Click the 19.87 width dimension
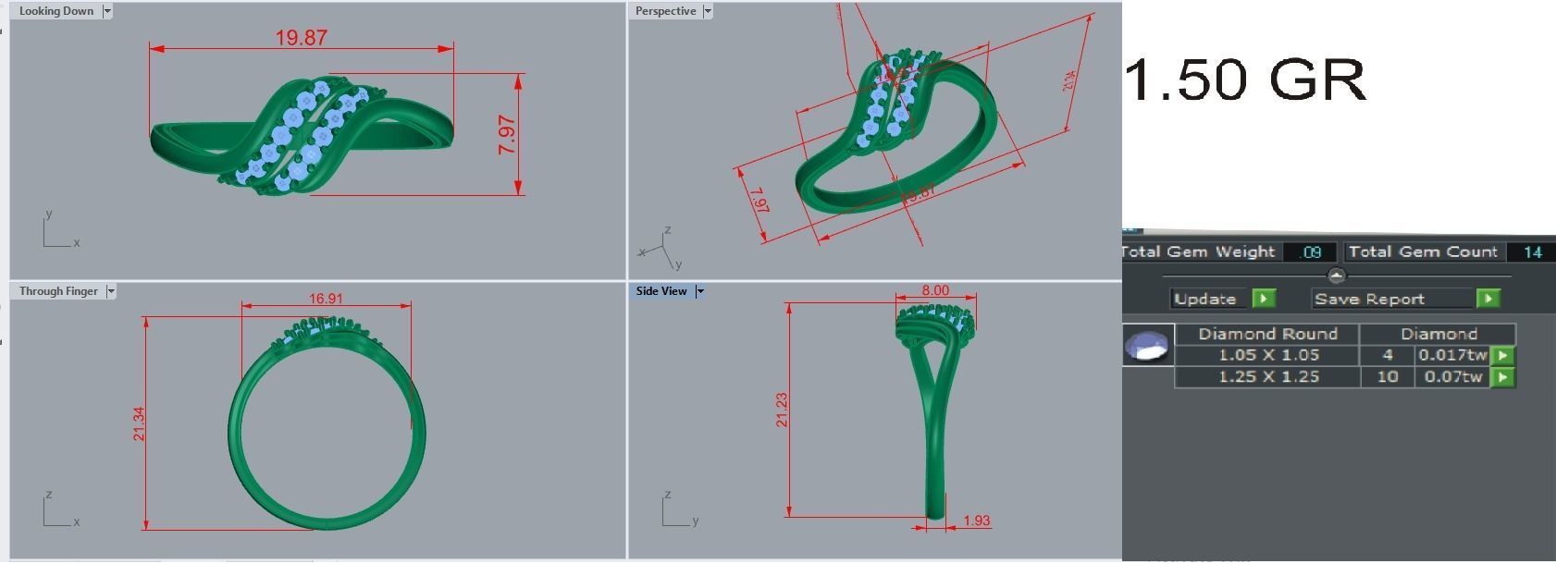point(301,38)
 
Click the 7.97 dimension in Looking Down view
point(507,135)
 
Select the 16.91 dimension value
point(326,299)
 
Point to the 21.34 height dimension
point(139,423)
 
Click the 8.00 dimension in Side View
point(935,290)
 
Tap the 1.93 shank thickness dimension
point(976,521)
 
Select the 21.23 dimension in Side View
point(782,410)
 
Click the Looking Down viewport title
point(56,11)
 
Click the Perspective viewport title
point(665,11)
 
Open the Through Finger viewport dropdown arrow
point(111,291)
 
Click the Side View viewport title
point(661,291)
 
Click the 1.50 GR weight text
point(1245,80)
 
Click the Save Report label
point(1369,299)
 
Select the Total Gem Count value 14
point(1532,251)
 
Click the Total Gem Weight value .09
point(1310,251)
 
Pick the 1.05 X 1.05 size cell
point(1268,355)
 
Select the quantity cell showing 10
point(1387,376)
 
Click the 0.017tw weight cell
point(1452,355)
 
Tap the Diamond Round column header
point(1267,334)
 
